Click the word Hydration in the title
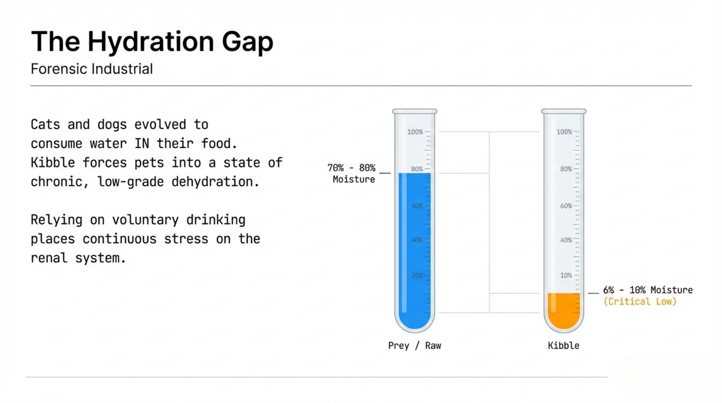click(151, 42)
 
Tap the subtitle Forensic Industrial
click(92, 69)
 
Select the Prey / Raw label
click(415, 346)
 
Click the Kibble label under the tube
click(563, 346)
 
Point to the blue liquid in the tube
click(415, 248)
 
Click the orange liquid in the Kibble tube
click(564, 310)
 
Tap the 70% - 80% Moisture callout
click(352, 174)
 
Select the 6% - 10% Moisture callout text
click(648, 290)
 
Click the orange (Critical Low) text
click(640, 301)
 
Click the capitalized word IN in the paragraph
click(142, 144)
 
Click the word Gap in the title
click(248, 42)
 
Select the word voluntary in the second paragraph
click(145, 220)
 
